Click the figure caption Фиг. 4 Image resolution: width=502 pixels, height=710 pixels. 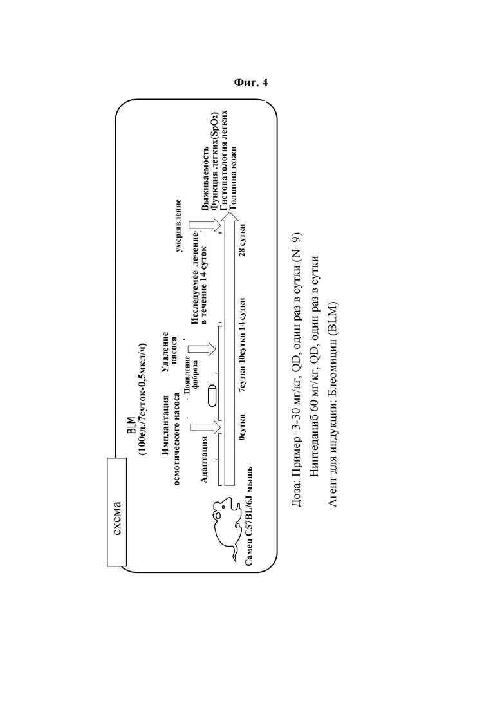point(251,82)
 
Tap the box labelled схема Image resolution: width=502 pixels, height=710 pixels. point(116,512)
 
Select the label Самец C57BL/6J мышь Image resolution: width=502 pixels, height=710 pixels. point(249,516)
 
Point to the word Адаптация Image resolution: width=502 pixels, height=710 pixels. point(204,459)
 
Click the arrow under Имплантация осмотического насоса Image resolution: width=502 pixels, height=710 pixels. point(206,427)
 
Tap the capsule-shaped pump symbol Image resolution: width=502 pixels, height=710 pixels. point(211,397)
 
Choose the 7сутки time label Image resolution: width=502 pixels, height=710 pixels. point(243,377)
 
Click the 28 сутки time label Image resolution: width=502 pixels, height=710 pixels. point(243,239)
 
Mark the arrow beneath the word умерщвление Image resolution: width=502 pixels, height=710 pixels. point(205,225)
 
